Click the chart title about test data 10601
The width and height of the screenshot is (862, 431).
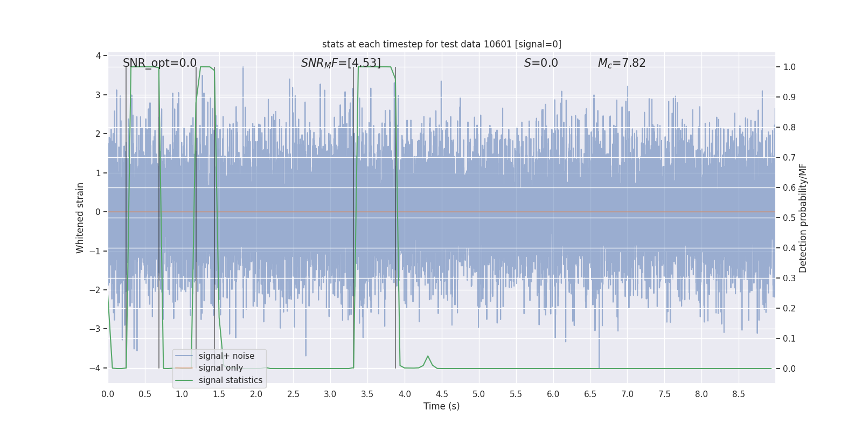tap(441, 44)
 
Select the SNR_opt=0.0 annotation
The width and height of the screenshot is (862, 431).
tap(159, 63)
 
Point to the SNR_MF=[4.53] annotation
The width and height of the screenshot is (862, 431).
tap(340, 63)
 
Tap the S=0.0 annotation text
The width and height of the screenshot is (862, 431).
tap(541, 63)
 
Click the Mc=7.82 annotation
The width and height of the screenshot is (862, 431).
tap(621, 63)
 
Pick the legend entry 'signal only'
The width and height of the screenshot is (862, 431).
tap(220, 368)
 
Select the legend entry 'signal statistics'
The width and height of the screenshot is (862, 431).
tap(230, 380)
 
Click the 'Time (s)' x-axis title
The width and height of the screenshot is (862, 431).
tap(441, 406)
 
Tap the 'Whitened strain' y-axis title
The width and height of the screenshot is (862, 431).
tap(80, 218)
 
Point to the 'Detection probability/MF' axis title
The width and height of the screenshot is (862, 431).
tap(803, 218)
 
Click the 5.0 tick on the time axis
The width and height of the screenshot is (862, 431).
tap(478, 394)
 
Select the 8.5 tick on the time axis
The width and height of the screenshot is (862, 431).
tap(738, 394)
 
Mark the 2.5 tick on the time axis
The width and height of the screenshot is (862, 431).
tap(293, 394)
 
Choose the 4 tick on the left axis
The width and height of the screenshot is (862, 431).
tap(98, 55)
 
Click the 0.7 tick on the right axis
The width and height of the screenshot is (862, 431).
tap(789, 158)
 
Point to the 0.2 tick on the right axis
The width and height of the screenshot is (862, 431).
tap(789, 309)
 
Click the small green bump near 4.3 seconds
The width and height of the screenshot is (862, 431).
tap(428, 357)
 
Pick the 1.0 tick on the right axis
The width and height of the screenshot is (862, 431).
tap(789, 67)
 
